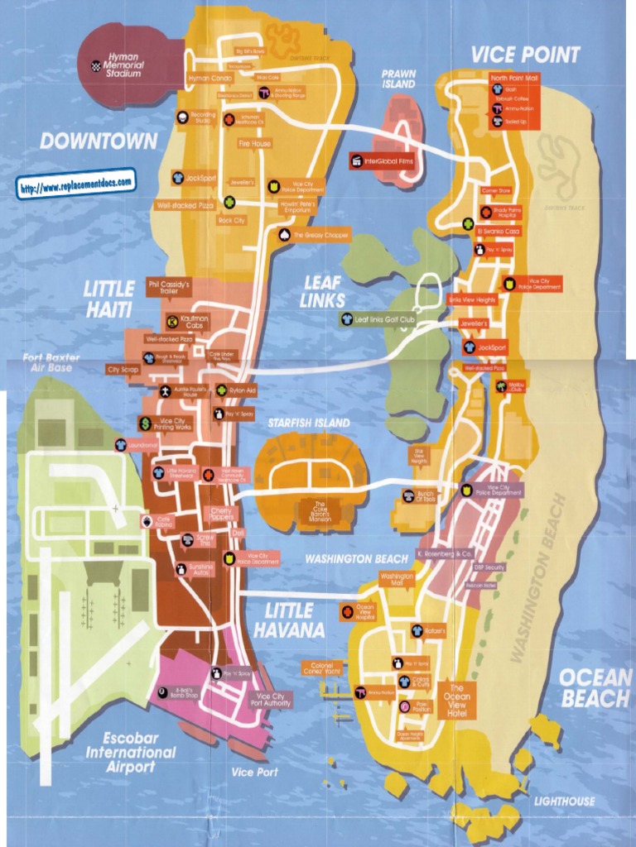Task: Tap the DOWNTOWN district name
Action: (x=99, y=141)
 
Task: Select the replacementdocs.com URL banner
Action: (x=75, y=184)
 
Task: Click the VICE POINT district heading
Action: (x=526, y=55)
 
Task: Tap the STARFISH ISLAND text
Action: (x=308, y=423)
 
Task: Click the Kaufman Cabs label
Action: (x=195, y=321)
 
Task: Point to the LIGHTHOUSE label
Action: (x=564, y=801)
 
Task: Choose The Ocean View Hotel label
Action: (x=457, y=700)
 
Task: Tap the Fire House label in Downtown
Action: (x=254, y=143)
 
